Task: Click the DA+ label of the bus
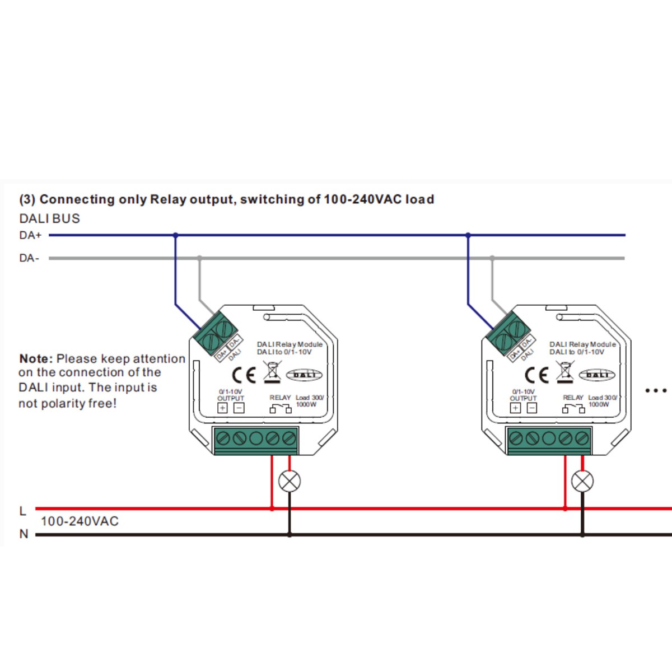(30, 235)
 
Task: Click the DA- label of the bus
(29, 258)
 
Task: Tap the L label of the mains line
(23, 511)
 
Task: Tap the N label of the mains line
(24, 534)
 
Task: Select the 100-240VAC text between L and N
(80, 521)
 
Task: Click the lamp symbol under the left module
(290, 481)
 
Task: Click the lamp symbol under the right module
(582, 481)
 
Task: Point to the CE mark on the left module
(244, 375)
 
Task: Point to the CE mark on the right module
(536, 375)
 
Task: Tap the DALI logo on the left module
(304, 375)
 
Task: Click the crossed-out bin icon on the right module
(565, 372)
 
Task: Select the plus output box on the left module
(222, 408)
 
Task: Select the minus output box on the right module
(531, 408)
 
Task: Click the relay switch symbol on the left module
(281, 409)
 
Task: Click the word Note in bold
(36, 359)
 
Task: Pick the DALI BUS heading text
(50, 218)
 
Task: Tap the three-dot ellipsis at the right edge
(656, 390)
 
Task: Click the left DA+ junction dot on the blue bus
(175, 235)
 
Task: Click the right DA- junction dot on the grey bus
(492, 258)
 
